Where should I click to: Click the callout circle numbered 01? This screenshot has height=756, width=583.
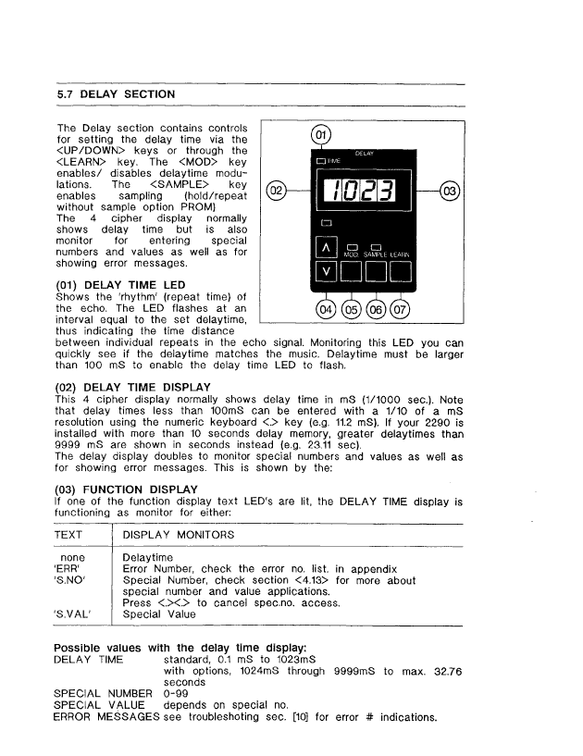point(320,136)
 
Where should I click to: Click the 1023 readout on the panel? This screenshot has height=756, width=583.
point(364,192)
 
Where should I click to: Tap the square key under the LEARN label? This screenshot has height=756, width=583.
point(401,272)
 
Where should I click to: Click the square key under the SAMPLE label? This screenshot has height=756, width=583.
point(378,272)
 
